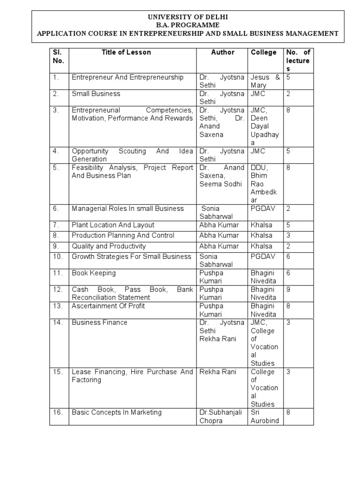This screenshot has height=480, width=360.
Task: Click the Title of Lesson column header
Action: pyautogui.click(x=126, y=52)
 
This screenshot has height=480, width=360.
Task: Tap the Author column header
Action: pyautogui.click(x=223, y=52)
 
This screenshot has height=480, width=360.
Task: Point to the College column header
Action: pyautogui.click(x=264, y=52)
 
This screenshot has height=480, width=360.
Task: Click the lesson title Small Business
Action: pyautogui.click(x=96, y=94)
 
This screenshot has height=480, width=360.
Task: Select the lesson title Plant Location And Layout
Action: pyautogui.click(x=113, y=225)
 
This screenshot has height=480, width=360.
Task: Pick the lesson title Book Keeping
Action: pyautogui.click(x=94, y=273)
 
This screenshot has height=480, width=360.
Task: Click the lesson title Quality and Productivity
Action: pyautogui.click(x=109, y=246)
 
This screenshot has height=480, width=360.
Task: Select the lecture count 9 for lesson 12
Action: pyautogui.click(x=289, y=290)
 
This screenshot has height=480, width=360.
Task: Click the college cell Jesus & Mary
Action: pyautogui.click(x=265, y=82)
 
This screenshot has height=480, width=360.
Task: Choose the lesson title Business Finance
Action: pyautogui.click(x=99, y=322)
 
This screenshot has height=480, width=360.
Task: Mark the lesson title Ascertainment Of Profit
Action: pyautogui.click(x=108, y=306)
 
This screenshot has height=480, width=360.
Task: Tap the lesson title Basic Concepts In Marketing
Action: pyautogui.click(x=117, y=412)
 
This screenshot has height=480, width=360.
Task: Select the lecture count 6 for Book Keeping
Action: pyautogui.click(x=289, y=273)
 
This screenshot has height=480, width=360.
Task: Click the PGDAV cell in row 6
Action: pyautogui.click(x=263, y=209)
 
